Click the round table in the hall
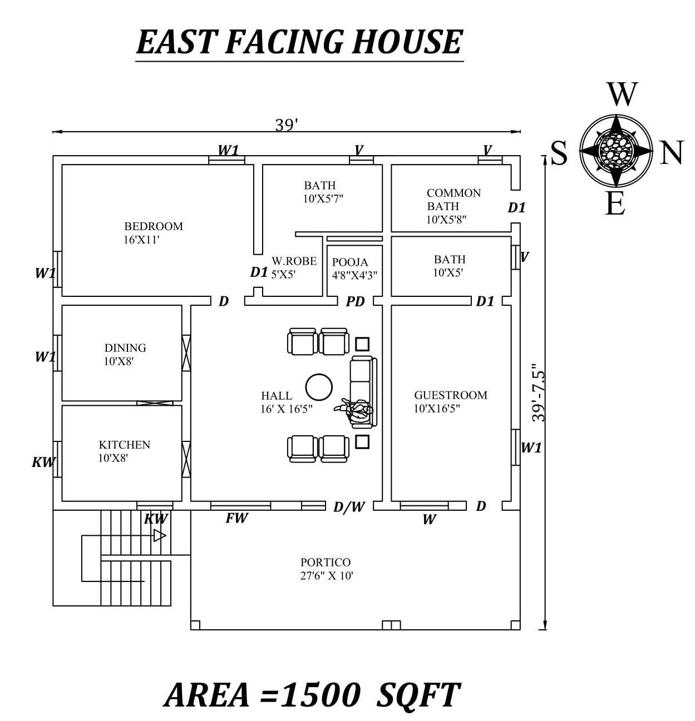[319, 387]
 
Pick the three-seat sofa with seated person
[362, 392]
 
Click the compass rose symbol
[615, 150]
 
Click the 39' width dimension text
[287, 125]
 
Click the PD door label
[355, 302]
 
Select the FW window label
[236, 518]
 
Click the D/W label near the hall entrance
[349, 507]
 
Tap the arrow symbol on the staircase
[160, 535]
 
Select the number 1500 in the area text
[321, 695]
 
